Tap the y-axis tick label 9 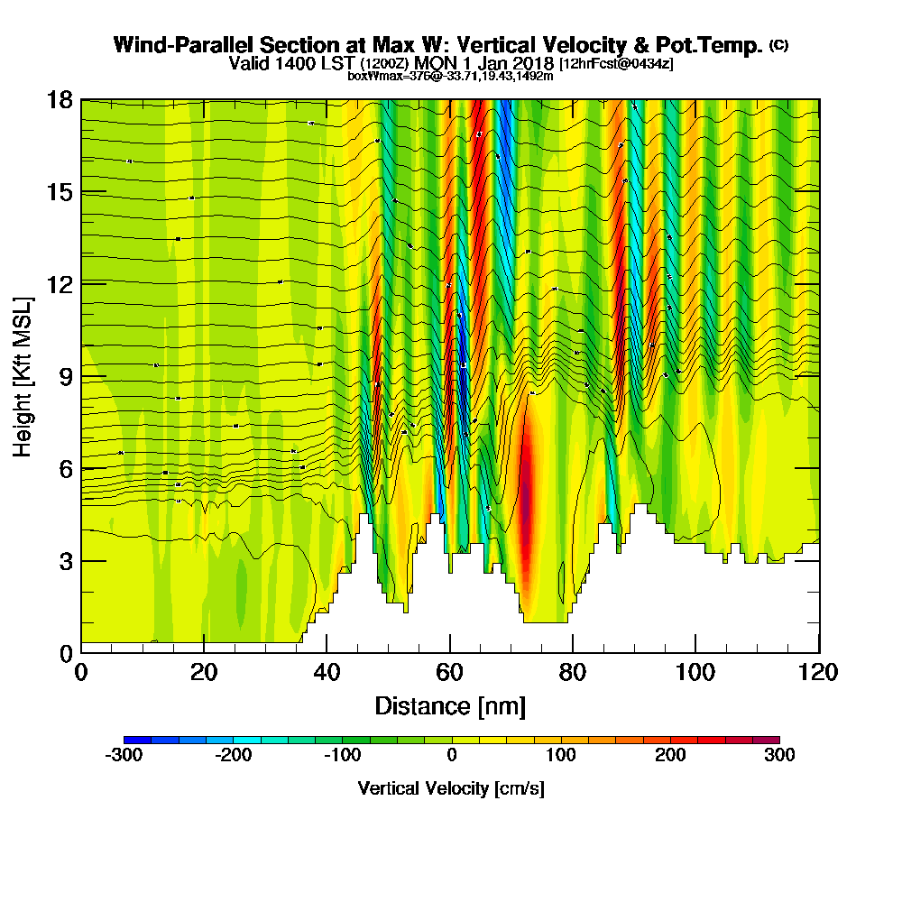(x=66, y=376)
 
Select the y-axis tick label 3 (x=66, y=560)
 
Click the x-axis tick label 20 (x=204, y=673)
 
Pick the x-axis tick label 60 (x=449, y=673)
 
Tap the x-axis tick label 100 (x=695, y=673)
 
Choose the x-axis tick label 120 (x=817, y=673)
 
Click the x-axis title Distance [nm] (x=450, y=705)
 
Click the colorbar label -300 (x=124, y=756)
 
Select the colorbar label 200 (x=670, y=756)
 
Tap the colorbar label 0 (x=451, y=756)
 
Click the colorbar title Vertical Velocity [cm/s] (x=451, y=788)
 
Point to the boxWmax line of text (x=450, y=76)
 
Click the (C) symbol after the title (x=778, y=45)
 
